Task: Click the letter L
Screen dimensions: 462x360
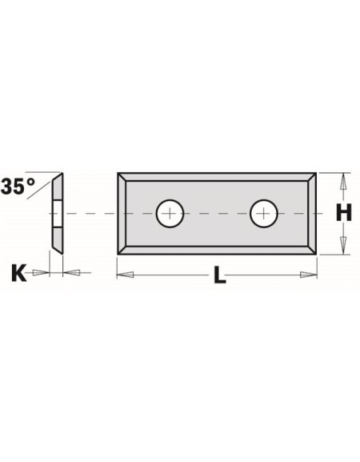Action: (219, 277)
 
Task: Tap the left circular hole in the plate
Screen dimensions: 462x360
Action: (170, 213)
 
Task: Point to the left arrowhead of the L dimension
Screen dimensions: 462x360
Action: (125, 275)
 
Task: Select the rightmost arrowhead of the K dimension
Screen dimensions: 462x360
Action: (71, 273)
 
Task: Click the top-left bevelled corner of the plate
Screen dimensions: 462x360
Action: (123, 177)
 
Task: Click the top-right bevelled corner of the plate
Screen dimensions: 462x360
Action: (312, 177)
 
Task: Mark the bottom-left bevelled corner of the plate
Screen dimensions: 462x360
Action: (123, 248)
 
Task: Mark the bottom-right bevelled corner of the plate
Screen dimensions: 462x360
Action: (312, 248)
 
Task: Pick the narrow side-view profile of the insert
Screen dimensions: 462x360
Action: (55, 212)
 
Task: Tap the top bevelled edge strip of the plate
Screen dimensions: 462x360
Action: (218, 176)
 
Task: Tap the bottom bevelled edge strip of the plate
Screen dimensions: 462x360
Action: (218, 249)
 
